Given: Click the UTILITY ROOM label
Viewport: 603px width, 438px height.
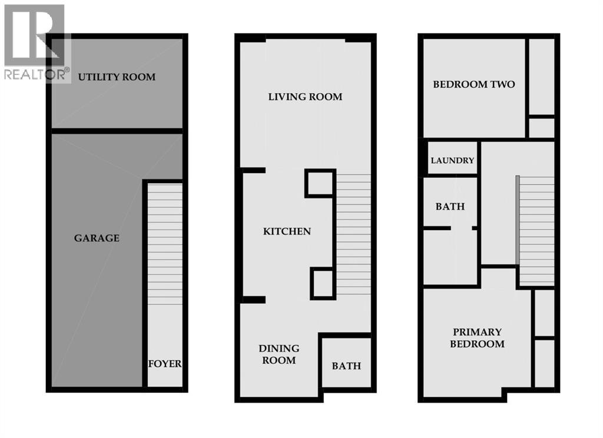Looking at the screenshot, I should pyautogui.click(x=117, y=77).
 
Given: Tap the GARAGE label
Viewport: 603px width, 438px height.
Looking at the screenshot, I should pyautogui.click(x=97, y=238).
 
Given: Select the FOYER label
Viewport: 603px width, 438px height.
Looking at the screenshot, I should pyautogui.click(x=164, y=363).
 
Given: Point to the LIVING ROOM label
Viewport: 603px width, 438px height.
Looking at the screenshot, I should pyautogui.click(x=305, y=97).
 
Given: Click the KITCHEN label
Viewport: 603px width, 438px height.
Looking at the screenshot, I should pyautogui.click(x=286, y=231).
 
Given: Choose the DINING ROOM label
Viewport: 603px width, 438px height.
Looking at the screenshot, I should pyautogui.click(x=279, y=354).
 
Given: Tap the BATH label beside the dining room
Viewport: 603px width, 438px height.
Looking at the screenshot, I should pyautogui.click(x=346, y=366).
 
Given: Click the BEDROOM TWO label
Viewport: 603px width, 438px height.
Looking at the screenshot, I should pyautogui.click(x=473, y=84).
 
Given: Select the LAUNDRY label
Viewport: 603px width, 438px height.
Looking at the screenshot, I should pyautogui.click(x=452, y=160).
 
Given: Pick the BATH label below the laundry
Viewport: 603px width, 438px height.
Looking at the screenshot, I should pyautogui.click(x=450, y=207).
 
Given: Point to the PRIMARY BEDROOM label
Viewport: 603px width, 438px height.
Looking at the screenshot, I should pyautogui.click(x=477, y=338).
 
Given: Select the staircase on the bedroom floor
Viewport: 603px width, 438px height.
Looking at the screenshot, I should pyautogui.click(x=537, y=230).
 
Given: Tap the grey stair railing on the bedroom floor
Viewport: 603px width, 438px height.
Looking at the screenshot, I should pyautogui.click(x=517, y=221).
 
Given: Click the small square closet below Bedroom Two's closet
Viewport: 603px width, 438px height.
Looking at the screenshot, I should pyautogui.click(x=541, y=128).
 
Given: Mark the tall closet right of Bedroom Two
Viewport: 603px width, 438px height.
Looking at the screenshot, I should pyautogui.click(x=541, y=77).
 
